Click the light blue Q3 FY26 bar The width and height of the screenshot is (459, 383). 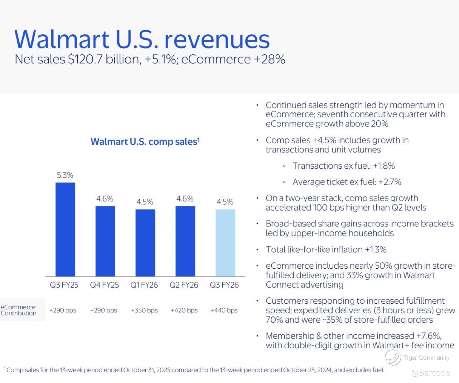[x=225, y=243]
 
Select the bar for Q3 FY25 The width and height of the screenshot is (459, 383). [x=65, y=229]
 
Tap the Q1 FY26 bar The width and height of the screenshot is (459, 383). [x=145, y=243]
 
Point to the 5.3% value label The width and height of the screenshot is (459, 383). [x=65, y=175]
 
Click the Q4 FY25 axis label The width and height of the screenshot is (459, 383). [x=104, y=285]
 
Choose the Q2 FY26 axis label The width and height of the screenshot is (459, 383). [x=184, y=285]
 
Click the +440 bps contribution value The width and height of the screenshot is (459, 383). [x=224, y=310]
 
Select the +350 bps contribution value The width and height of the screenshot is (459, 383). [x=144, y=310]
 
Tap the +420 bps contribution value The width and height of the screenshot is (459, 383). [x=184, y=310]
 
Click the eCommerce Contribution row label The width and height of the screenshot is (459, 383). [x=18, y=310]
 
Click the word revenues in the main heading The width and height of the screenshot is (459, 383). [x=217, y=40]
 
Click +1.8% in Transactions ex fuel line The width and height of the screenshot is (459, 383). [x=384, y=166]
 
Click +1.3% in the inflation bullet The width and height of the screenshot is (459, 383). [x=376, y=250]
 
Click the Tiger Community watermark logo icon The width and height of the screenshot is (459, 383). [x=393, y=358]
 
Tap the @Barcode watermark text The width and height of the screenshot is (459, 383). [x=431, y=373]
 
